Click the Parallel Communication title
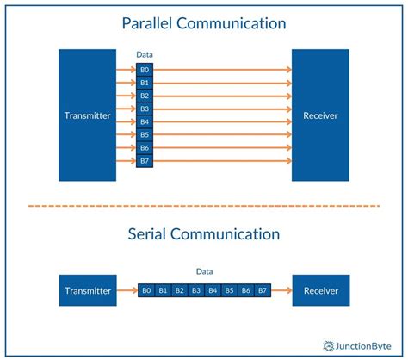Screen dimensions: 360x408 click(x=203, y=23)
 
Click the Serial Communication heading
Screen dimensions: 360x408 click(x=203, y=233)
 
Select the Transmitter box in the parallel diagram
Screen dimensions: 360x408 click(x=87, y=115)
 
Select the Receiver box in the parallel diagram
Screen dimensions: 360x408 click(x=320, y=115)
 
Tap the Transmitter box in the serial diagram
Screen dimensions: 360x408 click(x=87, y=291)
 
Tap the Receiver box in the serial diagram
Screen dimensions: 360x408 click(x=320, y=291)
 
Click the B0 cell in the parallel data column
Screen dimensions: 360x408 click(x=145, y=70)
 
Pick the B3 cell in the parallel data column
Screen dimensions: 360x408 click(x=145, y=109)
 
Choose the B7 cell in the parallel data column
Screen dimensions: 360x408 click(x=145, y=161)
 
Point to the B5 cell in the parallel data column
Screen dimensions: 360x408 click(x=145, y=135)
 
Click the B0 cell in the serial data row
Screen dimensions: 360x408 click(x=147, y=291)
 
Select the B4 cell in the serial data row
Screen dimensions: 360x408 click(x=213, y=291)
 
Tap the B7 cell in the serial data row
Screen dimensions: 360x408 click(x=263, y=291)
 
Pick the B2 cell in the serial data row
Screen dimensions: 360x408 click(x=180, y=291)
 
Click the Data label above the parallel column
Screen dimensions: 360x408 click(x=145, y=55)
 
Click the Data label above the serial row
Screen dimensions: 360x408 click(x=204, y=271)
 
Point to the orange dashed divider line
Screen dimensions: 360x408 click(x=203, y=206)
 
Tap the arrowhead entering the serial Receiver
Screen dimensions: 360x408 click(x=287, y=291)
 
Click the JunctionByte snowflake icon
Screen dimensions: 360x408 click(x=329, y=345)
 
